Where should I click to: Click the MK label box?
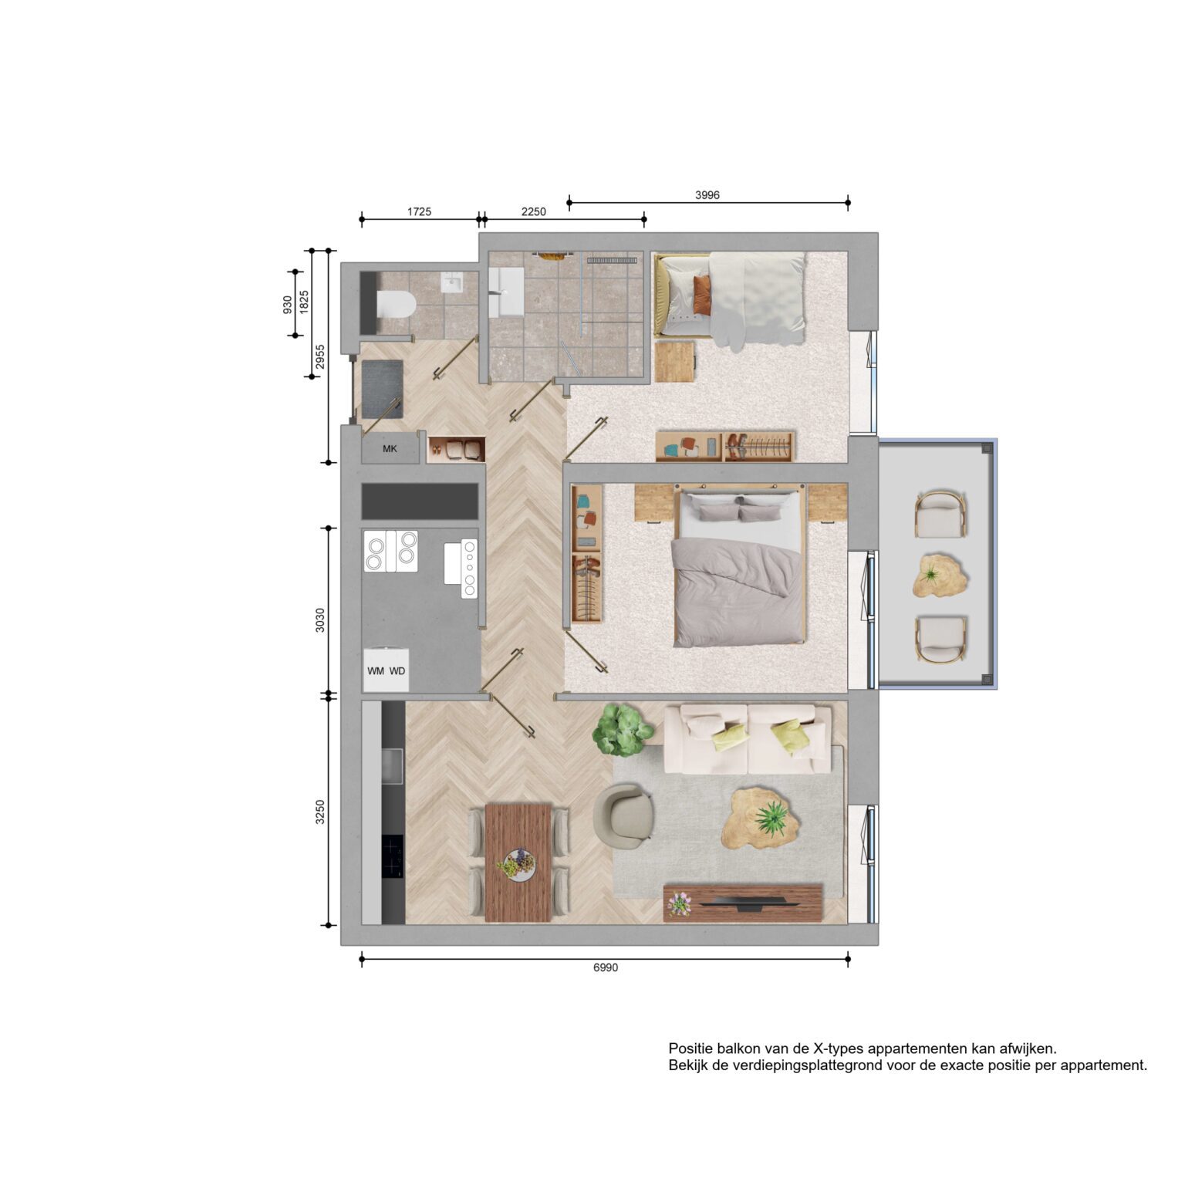point(390,447)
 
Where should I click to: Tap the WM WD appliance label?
point(386,670)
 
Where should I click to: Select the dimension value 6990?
point(606,968)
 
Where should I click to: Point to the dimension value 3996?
point(707,195)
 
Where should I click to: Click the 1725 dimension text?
point(419,211)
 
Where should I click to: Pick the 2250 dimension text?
point(534,211)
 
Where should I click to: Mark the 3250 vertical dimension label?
point(320,812)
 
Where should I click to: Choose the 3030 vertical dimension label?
point(320,620)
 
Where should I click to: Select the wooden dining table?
point(518,863)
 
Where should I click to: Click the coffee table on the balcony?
point(940,576)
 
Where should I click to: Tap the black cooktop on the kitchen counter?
point(393,857)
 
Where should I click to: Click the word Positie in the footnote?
point(690,1049)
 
